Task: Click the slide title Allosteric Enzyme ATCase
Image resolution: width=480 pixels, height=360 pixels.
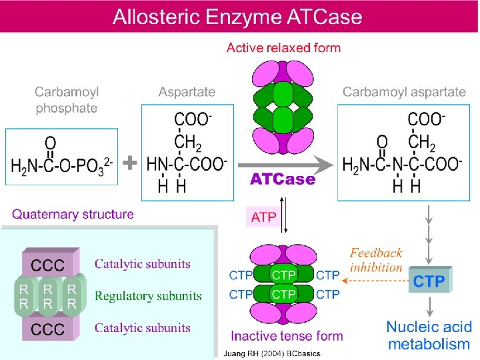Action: point(237,16)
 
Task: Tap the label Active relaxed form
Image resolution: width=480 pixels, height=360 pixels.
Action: point(283,48)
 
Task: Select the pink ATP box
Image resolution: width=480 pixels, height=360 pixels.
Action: point(263,217)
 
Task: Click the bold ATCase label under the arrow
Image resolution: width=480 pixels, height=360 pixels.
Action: point(282,179)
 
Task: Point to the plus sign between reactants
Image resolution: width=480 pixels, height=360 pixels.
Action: point(131,162)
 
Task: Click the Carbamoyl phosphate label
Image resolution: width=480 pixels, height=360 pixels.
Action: point(66,99)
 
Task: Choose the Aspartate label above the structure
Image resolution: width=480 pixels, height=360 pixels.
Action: point(187,92)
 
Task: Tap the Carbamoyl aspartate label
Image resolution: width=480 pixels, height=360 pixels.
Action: point(404,92)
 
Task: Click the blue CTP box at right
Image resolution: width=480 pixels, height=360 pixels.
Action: point(429,281)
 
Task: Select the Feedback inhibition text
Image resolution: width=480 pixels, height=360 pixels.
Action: point(377,260)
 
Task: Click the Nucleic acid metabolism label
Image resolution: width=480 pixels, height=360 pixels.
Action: point(429,336)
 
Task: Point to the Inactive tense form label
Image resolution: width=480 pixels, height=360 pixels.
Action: point(287,335)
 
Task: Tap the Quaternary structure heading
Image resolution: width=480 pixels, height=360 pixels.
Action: point(73,215)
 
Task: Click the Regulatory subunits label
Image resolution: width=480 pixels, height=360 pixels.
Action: point(148,295)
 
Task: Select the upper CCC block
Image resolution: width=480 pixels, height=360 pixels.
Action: point(48,265)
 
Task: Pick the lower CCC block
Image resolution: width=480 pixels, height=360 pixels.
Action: point(48,329)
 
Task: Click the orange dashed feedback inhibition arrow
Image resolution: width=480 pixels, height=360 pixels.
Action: point(373,281)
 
